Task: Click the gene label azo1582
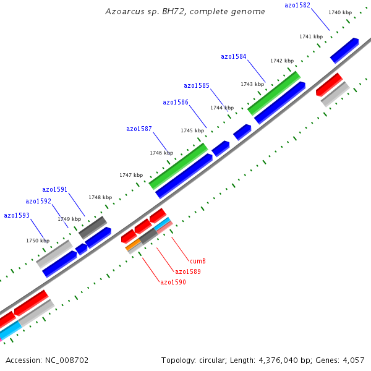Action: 297,6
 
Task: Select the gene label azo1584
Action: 234,56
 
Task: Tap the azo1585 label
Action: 197,85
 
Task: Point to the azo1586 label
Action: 176,102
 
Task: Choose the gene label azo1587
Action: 139,129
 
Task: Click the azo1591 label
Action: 55,189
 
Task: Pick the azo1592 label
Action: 38,201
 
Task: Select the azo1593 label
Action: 17,215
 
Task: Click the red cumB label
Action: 197,261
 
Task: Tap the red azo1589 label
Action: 187,271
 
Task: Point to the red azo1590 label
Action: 173,282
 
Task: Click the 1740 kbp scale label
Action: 340,12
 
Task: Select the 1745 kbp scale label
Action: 192,130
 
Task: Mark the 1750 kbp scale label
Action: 37,241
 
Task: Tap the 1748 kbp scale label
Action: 100,197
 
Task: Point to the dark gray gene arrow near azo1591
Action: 93,227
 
